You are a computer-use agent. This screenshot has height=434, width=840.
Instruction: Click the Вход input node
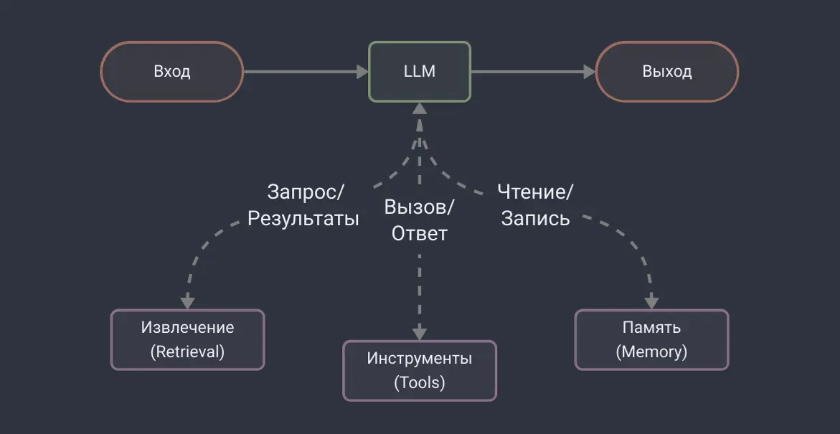pos(171,72)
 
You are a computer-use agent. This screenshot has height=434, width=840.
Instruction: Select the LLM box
pos(420,72)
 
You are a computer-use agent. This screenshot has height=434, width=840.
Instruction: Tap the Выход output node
pos(667,72)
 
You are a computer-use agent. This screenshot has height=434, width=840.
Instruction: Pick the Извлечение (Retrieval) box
pos(187,339)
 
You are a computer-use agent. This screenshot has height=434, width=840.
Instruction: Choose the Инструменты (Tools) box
pos(420,370)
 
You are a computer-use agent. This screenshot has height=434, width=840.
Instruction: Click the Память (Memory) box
pos(651,339)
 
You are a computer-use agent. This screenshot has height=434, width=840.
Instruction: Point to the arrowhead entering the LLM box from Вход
pos(362,72)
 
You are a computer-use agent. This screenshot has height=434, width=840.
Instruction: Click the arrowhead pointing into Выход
pos(590,72)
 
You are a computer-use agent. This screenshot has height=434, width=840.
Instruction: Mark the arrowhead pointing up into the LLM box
pos(420,108)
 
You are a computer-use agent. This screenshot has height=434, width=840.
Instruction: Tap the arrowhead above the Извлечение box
pos(187,301)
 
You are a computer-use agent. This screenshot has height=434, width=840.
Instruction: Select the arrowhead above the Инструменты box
pos(420,333)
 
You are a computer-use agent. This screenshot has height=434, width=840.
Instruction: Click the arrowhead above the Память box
pos(651,301)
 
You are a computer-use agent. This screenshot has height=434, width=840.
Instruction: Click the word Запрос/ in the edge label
pos(306,192)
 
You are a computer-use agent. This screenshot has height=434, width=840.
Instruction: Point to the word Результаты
pos(303,218)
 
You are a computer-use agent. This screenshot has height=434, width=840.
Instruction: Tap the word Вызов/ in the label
pos(419,207)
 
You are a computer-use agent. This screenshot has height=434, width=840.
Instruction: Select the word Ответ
pos(419,233)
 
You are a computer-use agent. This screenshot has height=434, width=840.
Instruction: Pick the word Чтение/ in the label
pos(536,192)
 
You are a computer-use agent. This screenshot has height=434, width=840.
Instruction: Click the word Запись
pos(535,218)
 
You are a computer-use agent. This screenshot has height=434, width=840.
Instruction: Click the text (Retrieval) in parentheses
pos(187,352)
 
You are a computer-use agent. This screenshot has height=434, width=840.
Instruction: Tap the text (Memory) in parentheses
pos(651,352)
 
